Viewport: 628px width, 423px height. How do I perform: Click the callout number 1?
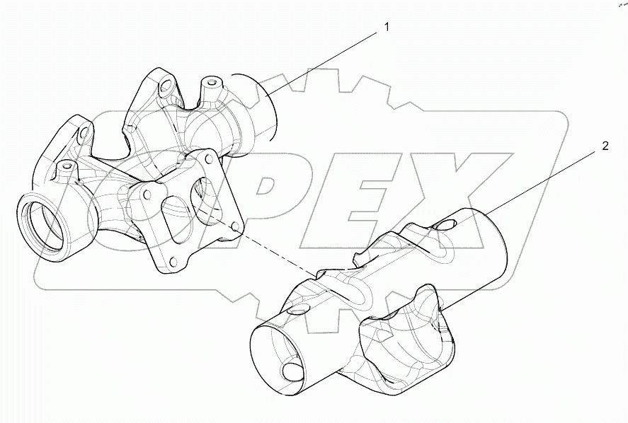tap(387, 27)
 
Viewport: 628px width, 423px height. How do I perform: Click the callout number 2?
tap(604, 146)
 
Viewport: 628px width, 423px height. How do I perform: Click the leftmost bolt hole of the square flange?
tap(147, 192)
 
